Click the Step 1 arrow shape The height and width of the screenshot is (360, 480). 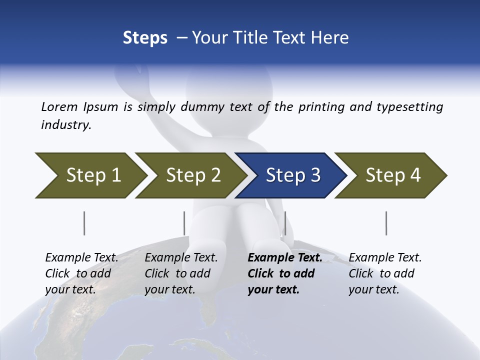(x=90, y=175)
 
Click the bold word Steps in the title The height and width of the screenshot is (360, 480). (x=145, y=37)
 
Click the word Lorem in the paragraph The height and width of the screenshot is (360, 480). (x=59, y=106)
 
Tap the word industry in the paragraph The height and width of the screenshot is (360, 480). (x=65, y=124)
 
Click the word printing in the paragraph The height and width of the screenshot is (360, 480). (x=320, y=106)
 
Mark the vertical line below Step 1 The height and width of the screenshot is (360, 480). (x=84, y=223)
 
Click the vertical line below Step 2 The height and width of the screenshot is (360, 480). (x=184, y=223)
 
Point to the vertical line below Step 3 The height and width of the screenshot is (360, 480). (x=285, y=223)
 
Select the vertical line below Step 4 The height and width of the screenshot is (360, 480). (x=386, y=223)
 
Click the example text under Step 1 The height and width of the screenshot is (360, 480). (x=81, y=273)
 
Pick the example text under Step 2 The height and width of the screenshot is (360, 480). (x=181, y=273)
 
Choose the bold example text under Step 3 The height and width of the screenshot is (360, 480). (x=284, y=273)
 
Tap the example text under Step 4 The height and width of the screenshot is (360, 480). (x=385, y=273)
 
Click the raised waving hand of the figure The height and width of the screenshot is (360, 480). (x=127, y=80)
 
